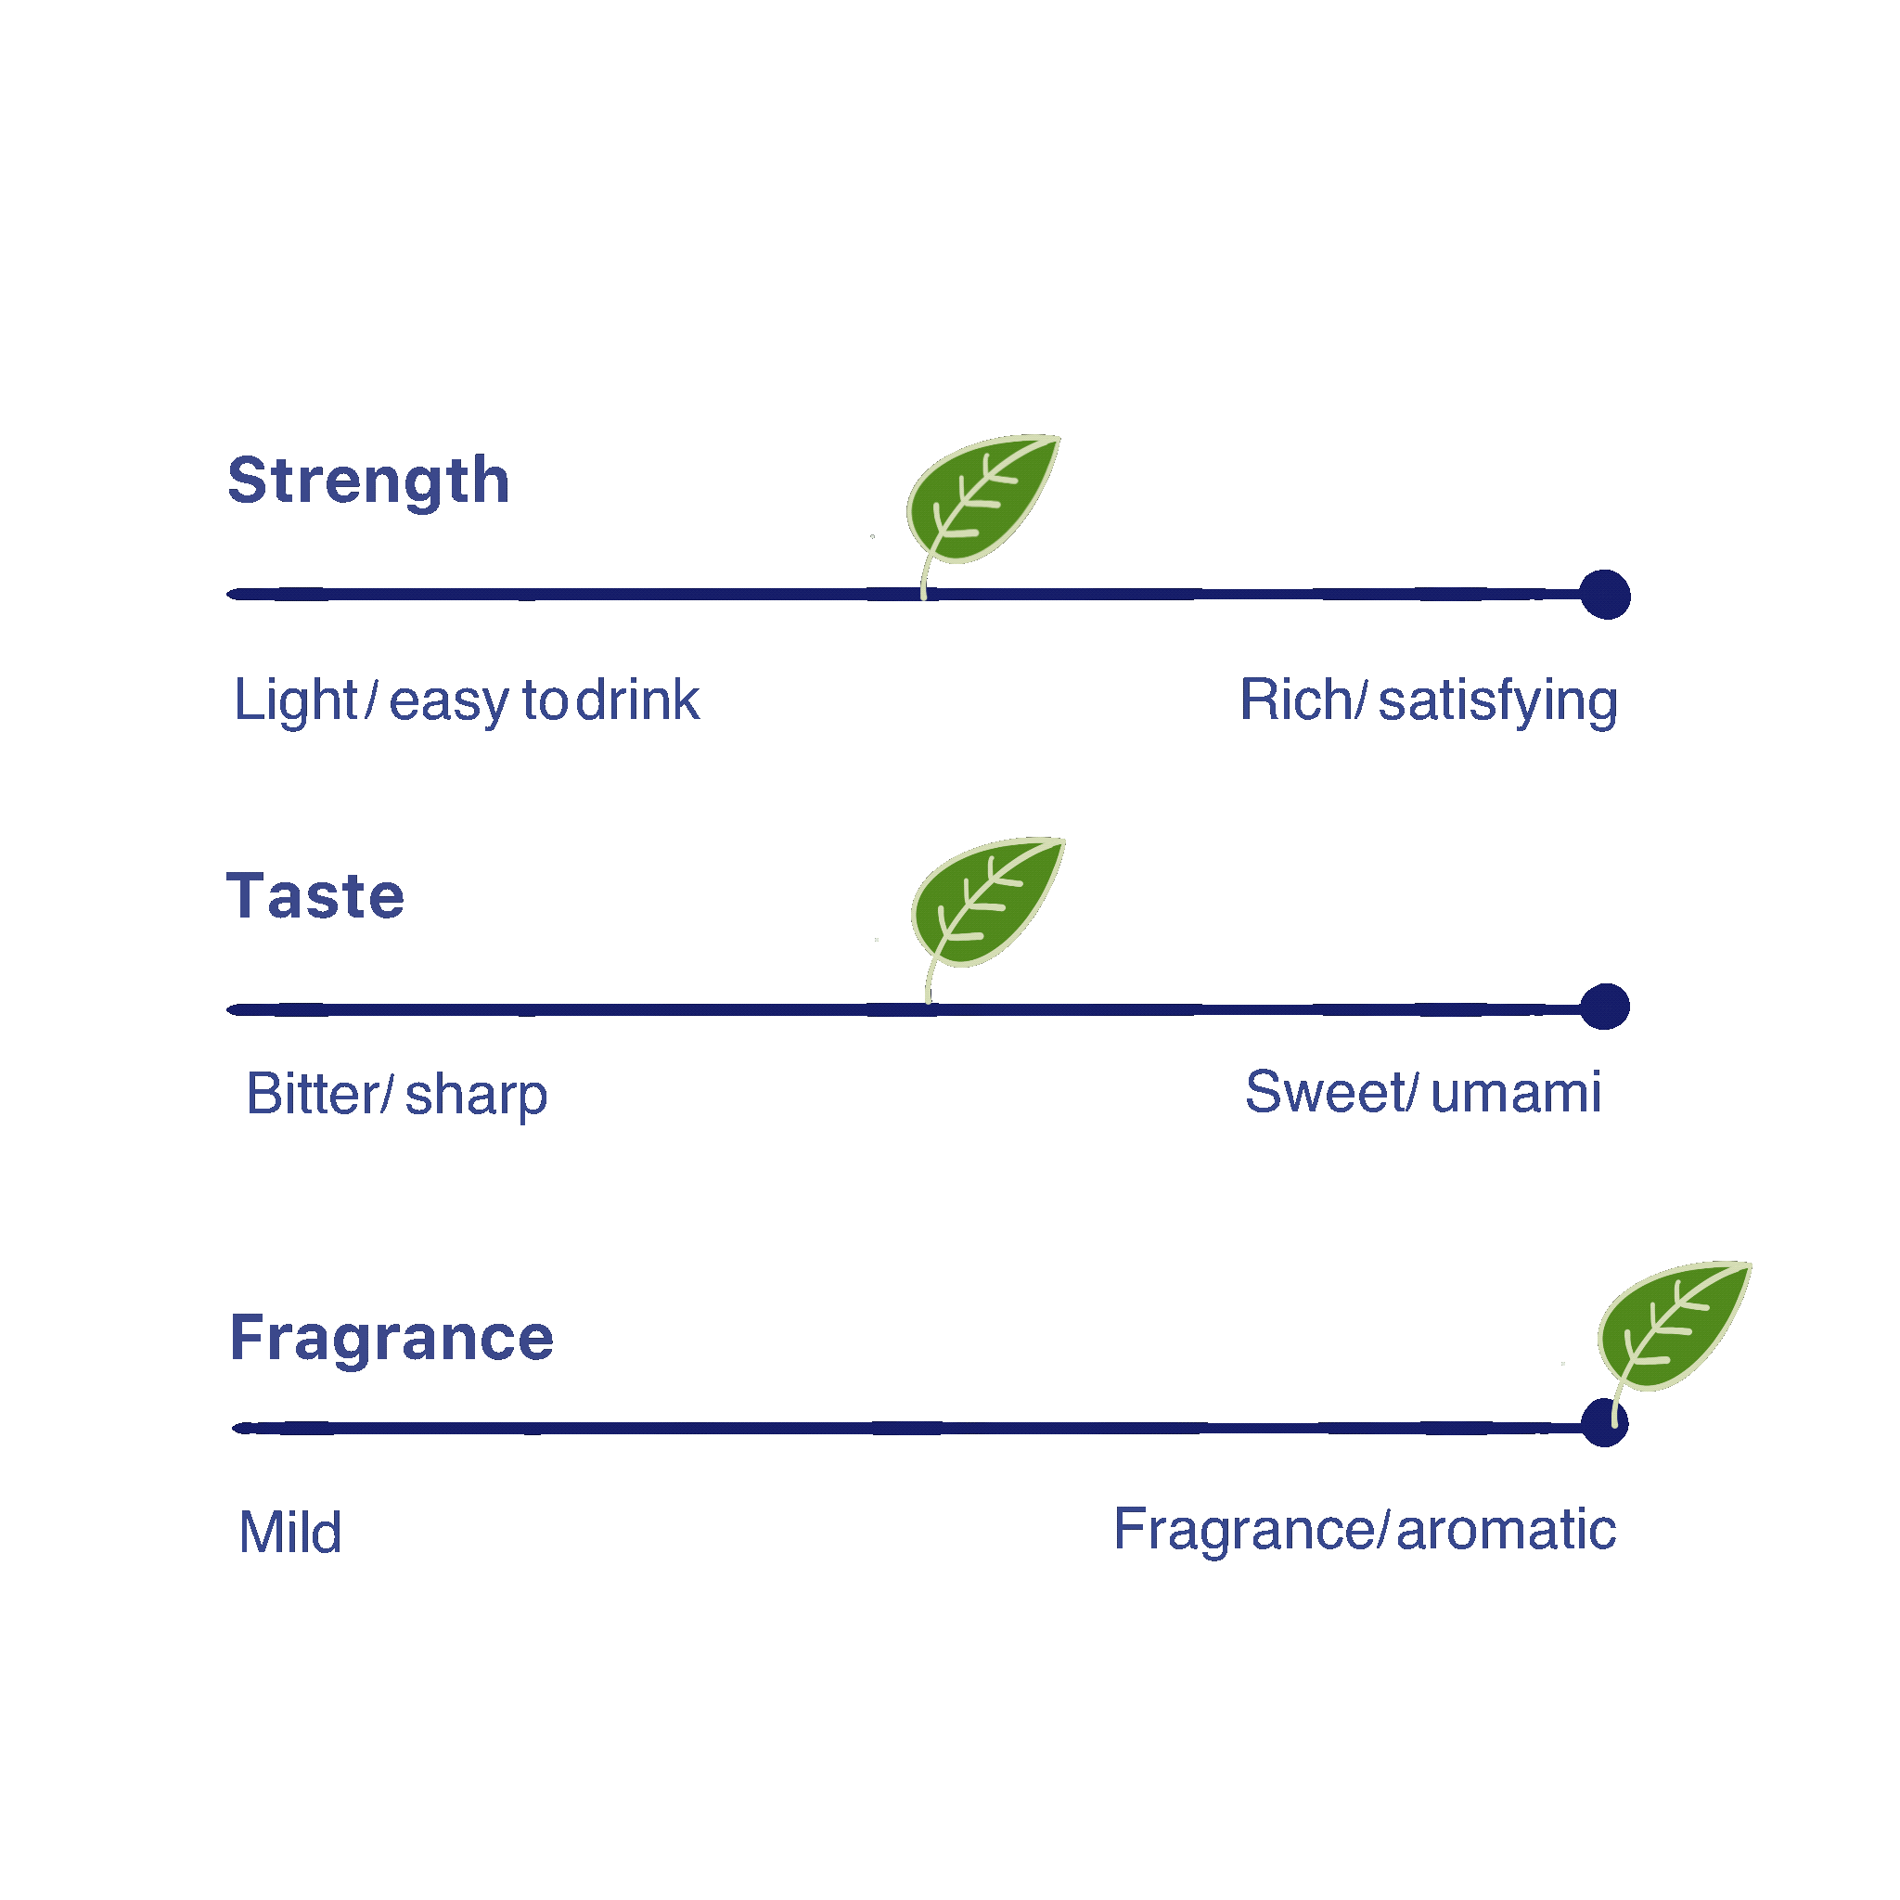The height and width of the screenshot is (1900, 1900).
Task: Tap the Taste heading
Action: pyautogui.click(x=315, y=896)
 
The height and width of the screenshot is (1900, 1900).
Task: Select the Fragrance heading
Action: pyautogui.click(x=392, y=1338)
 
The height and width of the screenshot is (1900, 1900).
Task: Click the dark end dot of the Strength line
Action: pyautogui.click(x=1605, y=595)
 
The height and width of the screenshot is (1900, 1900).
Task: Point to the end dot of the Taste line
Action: pyautogui.click(x=1605, y=1007)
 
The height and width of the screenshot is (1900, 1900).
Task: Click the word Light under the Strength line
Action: pyautogui.click(x=295, y=700)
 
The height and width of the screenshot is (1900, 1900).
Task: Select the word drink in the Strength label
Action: pyautogui.click(x=637, y=700)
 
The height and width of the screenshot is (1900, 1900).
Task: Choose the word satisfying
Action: pyautogui.click(x=1497, y=702)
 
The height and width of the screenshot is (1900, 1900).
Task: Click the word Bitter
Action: pyautogui.click(x=314, y=1094)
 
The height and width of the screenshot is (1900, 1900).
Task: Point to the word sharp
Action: pyautogui.click(x=476, y=1097)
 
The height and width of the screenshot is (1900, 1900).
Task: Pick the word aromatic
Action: pyautogui.click(x=1506, y=1530)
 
